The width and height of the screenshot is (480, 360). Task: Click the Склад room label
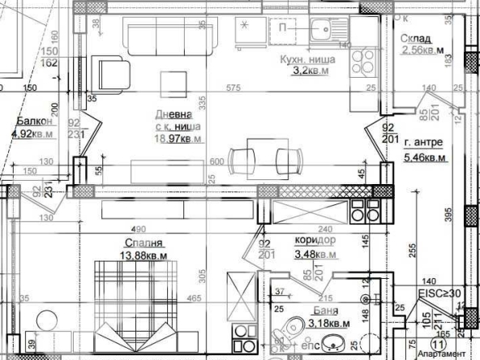(x=415, y=39)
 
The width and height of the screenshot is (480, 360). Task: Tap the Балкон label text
(x=31, y=122)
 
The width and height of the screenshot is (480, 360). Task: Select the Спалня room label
(x=144, y=242)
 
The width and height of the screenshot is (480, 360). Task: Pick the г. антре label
(x=425, y=144)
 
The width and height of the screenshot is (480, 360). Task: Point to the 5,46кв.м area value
(x=425, y=156)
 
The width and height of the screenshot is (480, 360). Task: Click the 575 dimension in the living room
(x=235, y=88)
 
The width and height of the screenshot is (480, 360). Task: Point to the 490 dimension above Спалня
(x=138, y=229)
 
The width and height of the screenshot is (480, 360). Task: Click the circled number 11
(x=439, y=345)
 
